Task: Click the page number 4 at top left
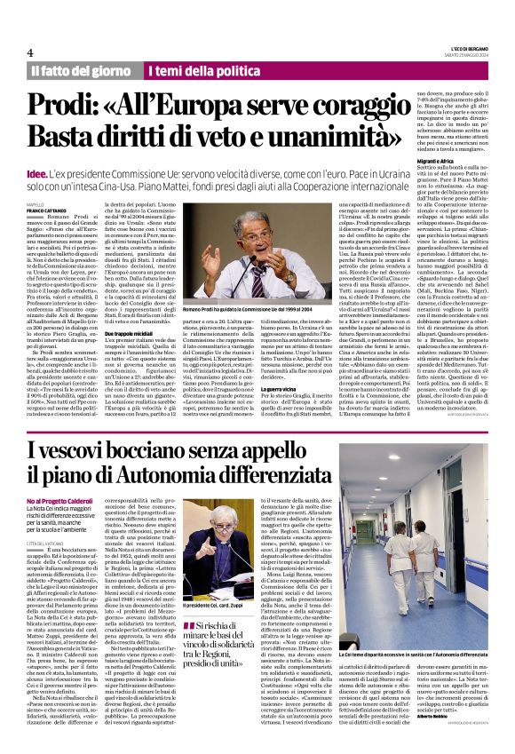(x=30, y=52)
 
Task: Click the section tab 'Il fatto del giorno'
(x=82, y=70)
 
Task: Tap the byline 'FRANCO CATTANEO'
(x=47, y=210)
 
